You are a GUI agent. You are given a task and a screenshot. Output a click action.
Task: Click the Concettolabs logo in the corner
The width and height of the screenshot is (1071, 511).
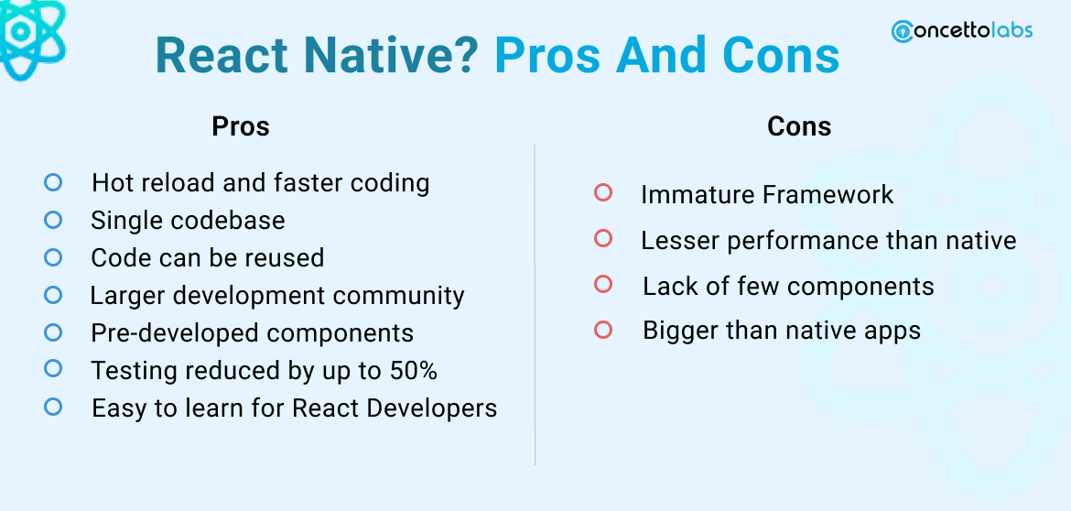point(961,30)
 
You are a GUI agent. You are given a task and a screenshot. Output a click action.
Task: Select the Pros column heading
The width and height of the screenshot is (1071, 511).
point(241,125)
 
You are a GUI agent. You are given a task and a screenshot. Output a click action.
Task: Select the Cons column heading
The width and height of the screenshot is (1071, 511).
point(799,126)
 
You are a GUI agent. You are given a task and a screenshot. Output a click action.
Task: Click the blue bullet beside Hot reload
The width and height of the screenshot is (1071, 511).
point(53,182)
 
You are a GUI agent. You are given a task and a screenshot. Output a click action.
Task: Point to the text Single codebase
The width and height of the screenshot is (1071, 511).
point(188,221)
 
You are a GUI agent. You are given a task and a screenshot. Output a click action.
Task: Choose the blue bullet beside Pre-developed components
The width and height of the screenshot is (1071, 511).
point(53,332)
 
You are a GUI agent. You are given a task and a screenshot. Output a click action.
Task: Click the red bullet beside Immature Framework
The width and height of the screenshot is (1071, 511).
point(602,193)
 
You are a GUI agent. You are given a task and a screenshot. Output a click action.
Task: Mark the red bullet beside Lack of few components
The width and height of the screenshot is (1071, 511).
point(602,284)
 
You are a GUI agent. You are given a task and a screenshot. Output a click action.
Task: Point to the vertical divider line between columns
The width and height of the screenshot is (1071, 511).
point(535,302)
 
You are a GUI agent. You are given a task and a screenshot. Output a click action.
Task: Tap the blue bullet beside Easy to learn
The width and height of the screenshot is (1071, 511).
point(53,406)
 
